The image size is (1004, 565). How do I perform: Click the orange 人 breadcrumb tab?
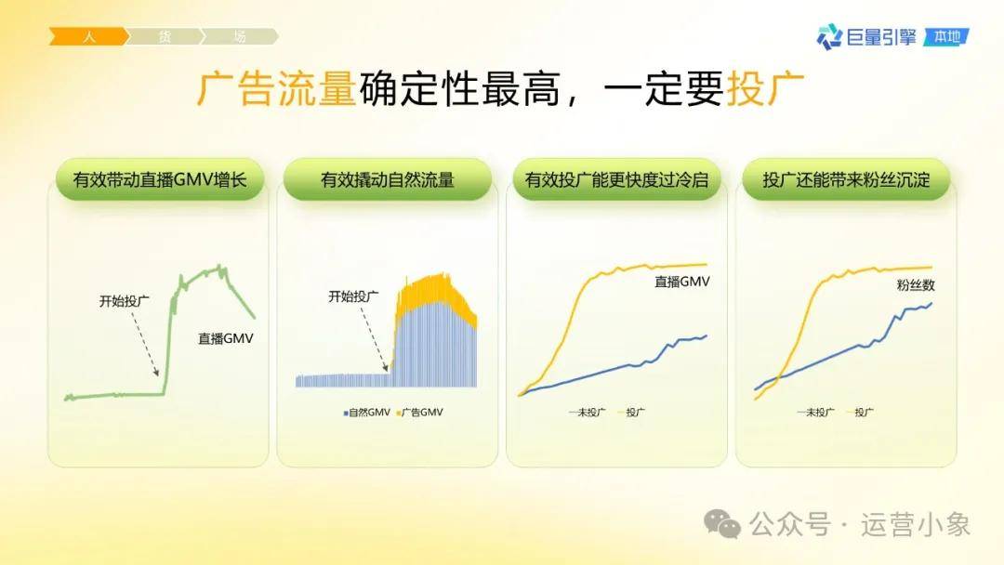89,36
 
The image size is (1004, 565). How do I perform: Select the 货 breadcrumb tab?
165,36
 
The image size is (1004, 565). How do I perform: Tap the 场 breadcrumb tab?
240,36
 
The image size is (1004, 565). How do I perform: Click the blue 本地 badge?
946,36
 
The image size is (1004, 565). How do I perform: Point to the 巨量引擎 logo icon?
829,36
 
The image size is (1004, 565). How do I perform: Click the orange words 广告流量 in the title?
276,88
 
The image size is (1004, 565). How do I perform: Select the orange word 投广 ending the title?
766,88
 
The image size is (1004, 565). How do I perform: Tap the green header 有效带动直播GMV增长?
160,179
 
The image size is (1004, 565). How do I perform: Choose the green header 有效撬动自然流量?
388,179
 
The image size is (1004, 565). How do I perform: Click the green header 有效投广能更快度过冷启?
616,179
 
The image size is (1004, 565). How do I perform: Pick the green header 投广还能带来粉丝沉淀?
846,179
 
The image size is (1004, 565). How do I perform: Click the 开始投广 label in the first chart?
125,301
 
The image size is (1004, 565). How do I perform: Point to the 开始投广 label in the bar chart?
353,296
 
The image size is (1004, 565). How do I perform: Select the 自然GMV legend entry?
367,412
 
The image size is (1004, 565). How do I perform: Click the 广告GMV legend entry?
420,412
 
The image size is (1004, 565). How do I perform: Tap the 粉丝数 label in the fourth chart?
916,285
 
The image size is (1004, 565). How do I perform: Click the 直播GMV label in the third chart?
682,282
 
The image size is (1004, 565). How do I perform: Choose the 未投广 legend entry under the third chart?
587,412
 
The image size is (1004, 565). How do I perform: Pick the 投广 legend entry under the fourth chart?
860,412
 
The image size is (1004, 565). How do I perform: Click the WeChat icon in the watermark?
722,524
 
